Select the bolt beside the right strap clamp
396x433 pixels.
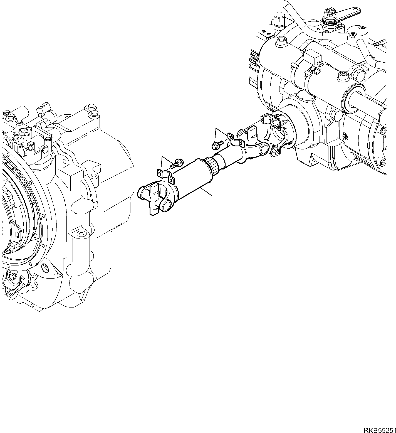[217, 145]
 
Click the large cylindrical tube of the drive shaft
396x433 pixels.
[192, 178]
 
